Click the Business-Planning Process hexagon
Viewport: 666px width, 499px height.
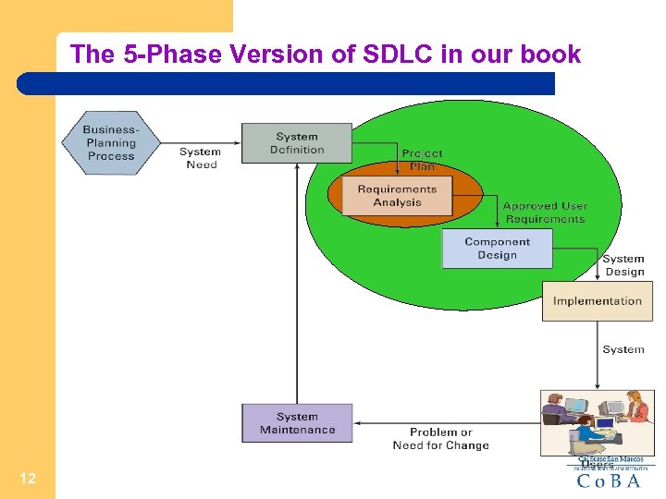[111, 143]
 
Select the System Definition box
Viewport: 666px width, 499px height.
[297, 143]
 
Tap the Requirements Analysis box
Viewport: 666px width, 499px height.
[397, 196]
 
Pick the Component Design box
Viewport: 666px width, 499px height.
[497, 249]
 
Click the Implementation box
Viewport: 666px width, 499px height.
[597, 301]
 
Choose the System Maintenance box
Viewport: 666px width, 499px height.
[297, 423]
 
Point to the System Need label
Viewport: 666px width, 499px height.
[201, 158]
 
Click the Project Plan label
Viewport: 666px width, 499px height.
[422, 160]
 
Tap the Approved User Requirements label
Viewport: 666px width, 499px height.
[546, 213]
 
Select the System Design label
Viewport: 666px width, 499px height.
[623, 265]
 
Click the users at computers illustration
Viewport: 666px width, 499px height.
[597, 421]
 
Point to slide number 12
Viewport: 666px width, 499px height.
[28, 478]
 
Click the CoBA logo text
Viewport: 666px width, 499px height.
[608, 481]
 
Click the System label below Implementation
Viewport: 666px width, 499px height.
[623, 349]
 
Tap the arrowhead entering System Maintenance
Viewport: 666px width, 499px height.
[358, 423]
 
